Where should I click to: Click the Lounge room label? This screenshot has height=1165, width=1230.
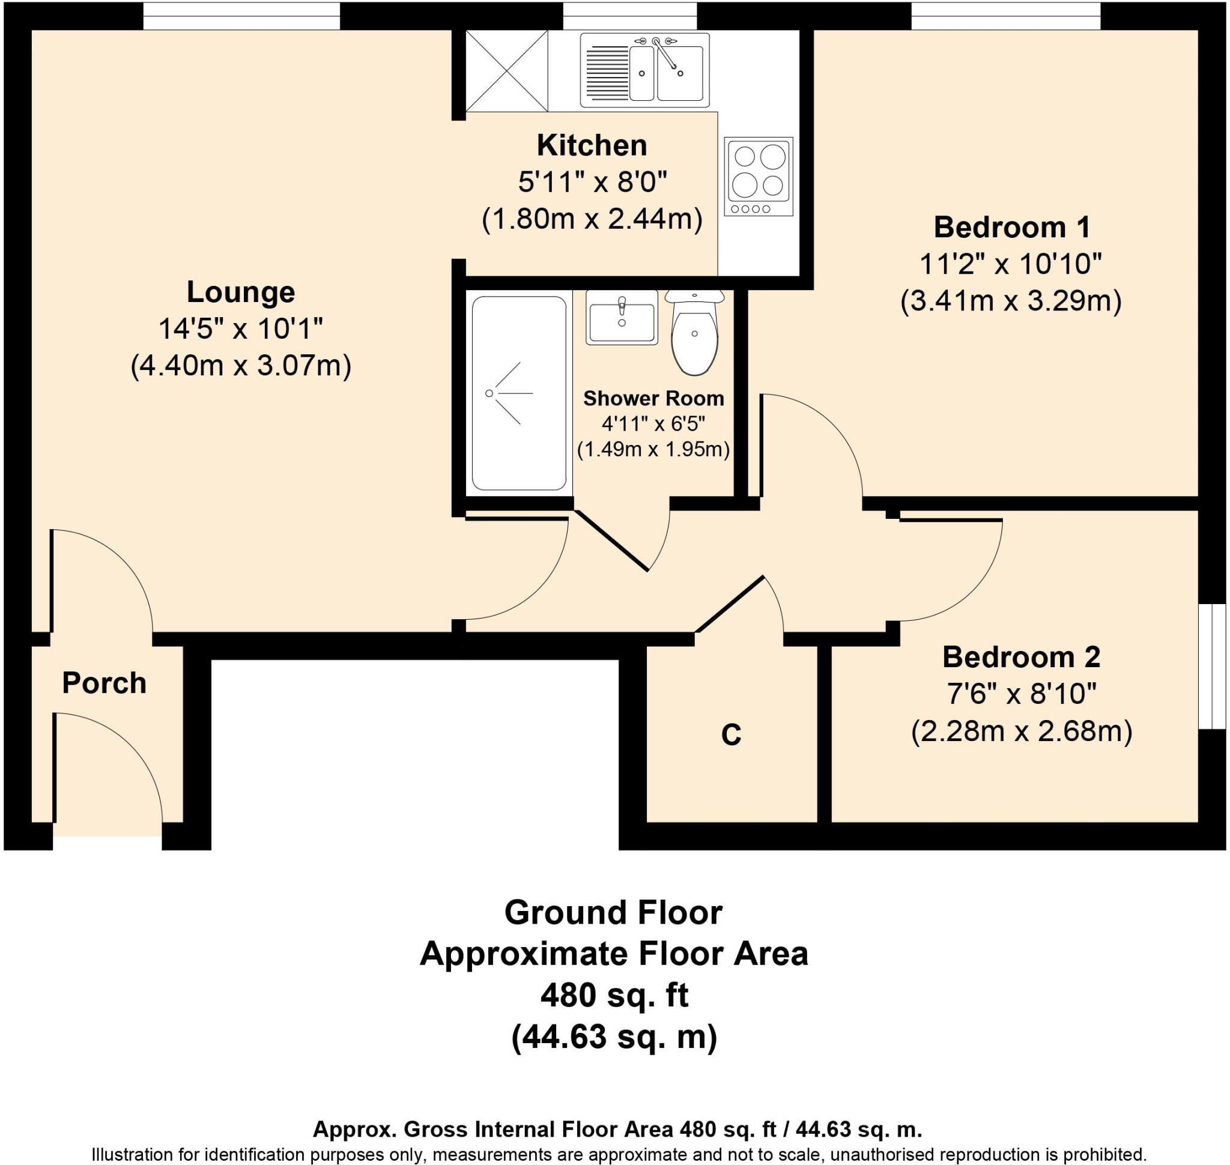[240, 292]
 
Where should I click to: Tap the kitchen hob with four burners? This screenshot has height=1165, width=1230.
[758, 177]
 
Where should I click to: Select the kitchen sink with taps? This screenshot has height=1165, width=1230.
[644, 70]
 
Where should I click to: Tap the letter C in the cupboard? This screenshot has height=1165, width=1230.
[730, 734]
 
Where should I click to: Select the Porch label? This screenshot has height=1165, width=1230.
[105, 683]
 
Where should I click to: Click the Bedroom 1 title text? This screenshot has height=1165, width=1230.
[1011, 227]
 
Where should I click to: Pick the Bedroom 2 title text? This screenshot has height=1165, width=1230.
[1020, 657]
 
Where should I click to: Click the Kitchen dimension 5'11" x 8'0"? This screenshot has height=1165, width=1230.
[592, 183]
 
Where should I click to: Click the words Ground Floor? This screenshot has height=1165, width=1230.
[613, 913]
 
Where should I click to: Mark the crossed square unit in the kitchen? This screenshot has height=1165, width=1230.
[507, 71]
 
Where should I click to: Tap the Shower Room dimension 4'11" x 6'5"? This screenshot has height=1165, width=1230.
[653, 424]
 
